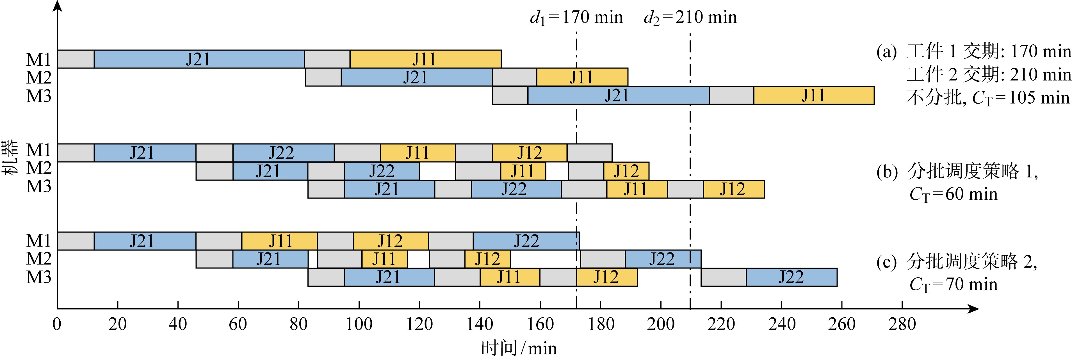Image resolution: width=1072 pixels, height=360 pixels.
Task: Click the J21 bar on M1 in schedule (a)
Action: (199, 59)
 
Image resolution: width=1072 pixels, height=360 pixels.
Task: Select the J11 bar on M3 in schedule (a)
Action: (814, 95)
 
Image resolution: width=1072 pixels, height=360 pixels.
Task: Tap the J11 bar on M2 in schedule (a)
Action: (582, 77)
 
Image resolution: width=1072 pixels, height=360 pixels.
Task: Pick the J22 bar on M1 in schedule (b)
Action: (283, 153)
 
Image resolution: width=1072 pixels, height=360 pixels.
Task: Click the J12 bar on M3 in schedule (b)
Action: (734, 189)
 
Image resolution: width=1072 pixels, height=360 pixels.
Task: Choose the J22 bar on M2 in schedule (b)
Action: (382, 171)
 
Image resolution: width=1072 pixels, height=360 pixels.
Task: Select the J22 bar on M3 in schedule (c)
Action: (791, 277)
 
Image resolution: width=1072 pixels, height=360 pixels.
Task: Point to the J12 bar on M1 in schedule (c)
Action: (390, 241)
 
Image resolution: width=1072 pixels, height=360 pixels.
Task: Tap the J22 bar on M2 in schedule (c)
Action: (663, 259)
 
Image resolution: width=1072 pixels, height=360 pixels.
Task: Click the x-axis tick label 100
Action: (359, 324)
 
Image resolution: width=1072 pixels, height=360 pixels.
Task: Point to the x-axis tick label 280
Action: (902, 324)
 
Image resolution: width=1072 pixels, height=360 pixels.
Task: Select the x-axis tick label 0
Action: (57, 324)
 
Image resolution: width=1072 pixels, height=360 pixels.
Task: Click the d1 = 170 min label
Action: (576, 17)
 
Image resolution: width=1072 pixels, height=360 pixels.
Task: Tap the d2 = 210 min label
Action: (690, 17)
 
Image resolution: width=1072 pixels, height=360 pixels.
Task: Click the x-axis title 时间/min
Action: (519, 348)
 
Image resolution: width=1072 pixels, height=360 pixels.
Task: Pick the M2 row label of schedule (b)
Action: (39, 168)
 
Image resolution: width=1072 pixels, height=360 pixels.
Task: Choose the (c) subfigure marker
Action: (886, 262)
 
